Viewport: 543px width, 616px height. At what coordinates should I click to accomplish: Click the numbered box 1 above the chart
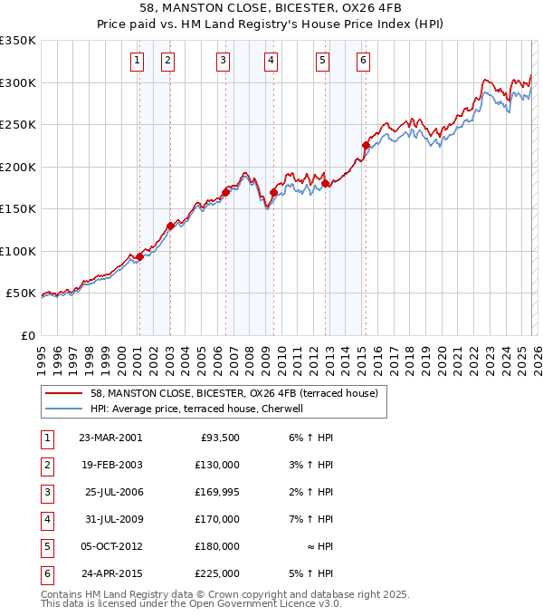tap(137, 61)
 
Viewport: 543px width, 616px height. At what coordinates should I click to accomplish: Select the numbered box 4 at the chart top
tap(271, 61)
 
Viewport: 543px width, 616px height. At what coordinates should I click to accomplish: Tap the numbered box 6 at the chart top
tap(363, 61)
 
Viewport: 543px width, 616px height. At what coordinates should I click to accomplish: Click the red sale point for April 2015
tap(366, 145)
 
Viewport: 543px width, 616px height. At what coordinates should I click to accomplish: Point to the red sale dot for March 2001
tap(139, 256)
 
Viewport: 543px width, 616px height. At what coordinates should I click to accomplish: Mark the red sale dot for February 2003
tap(170, 226)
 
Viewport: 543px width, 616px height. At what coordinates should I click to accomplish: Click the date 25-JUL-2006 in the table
tap(113, 492)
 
